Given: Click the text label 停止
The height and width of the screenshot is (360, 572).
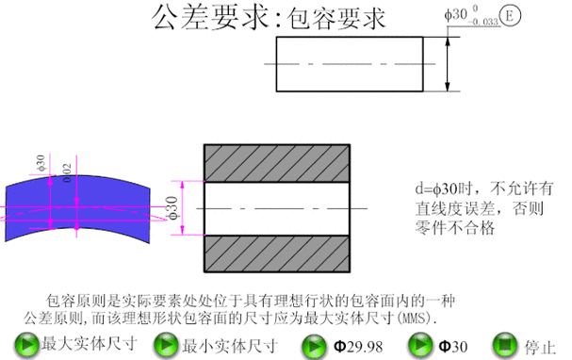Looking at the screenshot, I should tap(542, 345).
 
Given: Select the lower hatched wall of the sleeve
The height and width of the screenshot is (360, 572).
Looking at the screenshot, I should tap(280, 253).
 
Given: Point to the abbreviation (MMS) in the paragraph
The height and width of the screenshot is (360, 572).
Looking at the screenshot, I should tap(418, 318).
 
